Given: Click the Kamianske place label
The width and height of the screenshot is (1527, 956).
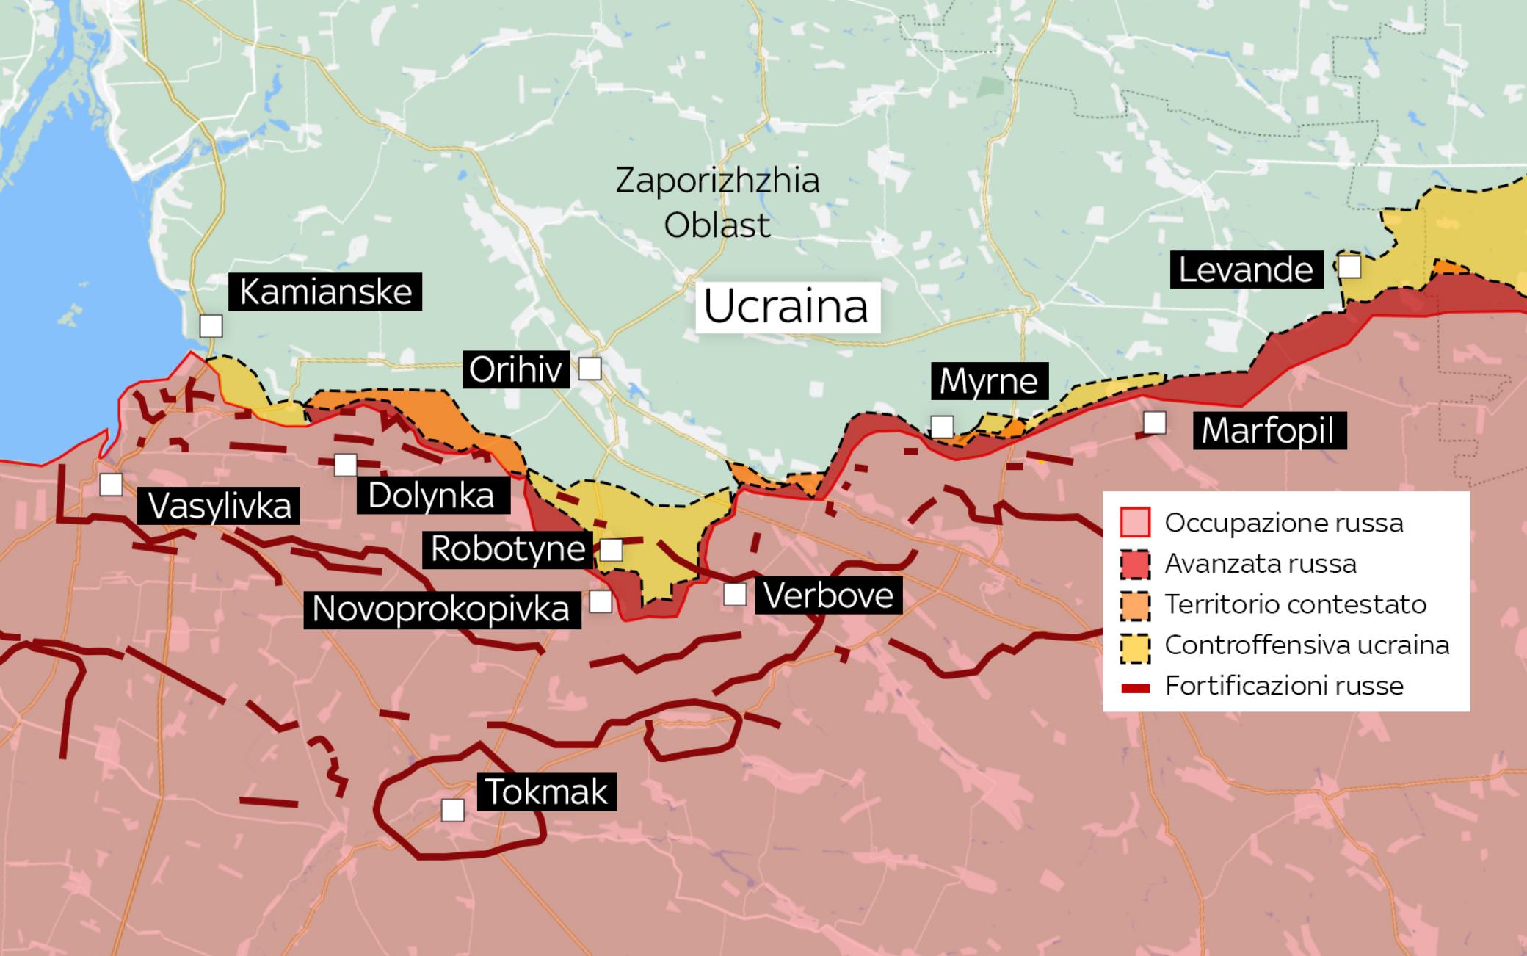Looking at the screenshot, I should point(325,291).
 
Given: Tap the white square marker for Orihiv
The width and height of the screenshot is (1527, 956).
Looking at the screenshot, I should point(590,369).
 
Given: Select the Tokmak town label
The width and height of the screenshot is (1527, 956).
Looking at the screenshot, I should point(546,792).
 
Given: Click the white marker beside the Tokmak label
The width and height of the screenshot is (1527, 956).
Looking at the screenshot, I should point(453,811).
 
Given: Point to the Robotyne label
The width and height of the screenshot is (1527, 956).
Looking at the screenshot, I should point(507,549).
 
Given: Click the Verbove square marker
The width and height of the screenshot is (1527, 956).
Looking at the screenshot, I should point(735,595).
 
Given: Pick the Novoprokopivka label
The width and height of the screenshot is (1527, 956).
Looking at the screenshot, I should point(441,609).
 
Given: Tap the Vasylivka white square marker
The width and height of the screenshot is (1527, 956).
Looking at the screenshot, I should point(111,485).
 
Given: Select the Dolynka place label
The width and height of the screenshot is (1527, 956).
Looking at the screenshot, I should point(432,496).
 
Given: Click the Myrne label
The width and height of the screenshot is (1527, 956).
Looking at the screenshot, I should point(989,381).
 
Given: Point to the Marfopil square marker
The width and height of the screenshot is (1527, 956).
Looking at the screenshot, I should point(1154,423).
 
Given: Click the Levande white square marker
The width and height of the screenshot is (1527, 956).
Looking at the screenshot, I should point(1349,267).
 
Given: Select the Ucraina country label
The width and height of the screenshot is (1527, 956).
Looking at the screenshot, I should point(786,307).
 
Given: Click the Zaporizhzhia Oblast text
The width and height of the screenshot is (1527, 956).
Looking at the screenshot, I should point(717,203).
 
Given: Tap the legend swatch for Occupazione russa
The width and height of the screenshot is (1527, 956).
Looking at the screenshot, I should point(1135,523).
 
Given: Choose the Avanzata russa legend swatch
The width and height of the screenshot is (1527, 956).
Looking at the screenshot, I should point(1135,564).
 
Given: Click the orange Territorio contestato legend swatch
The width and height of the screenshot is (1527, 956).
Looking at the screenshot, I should point(1135,604).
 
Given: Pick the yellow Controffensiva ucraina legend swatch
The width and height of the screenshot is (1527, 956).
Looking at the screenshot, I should point(1135,645).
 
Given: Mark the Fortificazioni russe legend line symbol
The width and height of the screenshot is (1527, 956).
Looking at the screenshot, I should point(1135,687).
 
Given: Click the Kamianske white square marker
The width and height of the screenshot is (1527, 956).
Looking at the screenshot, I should point(211,326).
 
